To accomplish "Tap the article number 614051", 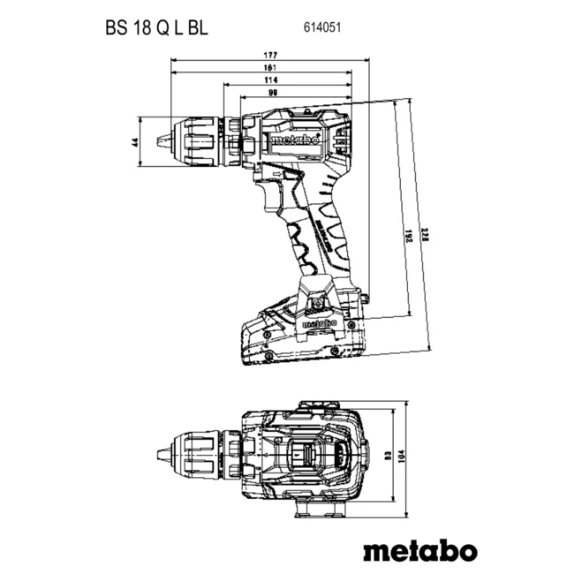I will pyautogui.click(x=325, y=28).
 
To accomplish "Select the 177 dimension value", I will pyautogui.click(x=269, y=55).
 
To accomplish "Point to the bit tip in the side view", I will pyautogui.click(x=162, y=140).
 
